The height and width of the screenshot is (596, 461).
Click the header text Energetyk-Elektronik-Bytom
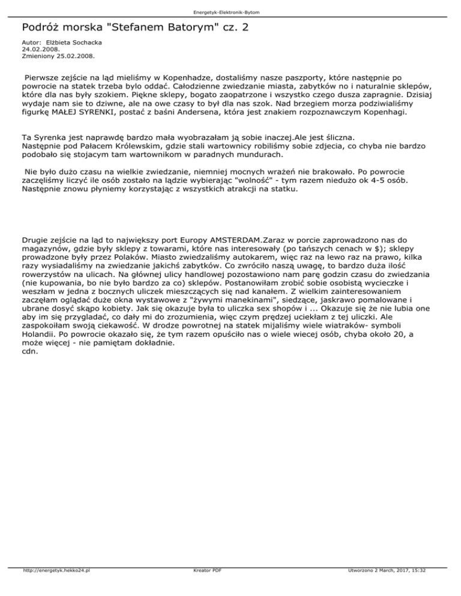(230, 12)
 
